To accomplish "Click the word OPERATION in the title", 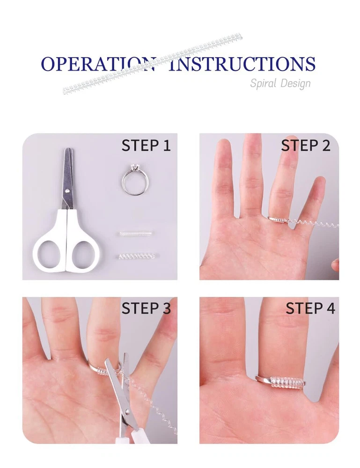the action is [98, 64].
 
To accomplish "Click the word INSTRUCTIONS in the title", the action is [242, 64].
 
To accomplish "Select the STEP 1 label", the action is [146, 146].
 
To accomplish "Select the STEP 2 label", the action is [306, 146].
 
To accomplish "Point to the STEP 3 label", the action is [146, 308].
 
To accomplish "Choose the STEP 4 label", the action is [310, 308].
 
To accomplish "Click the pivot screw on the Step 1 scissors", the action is [68, 190].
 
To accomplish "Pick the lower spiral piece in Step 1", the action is [136, 256].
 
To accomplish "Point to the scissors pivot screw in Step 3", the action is [127, 411].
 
